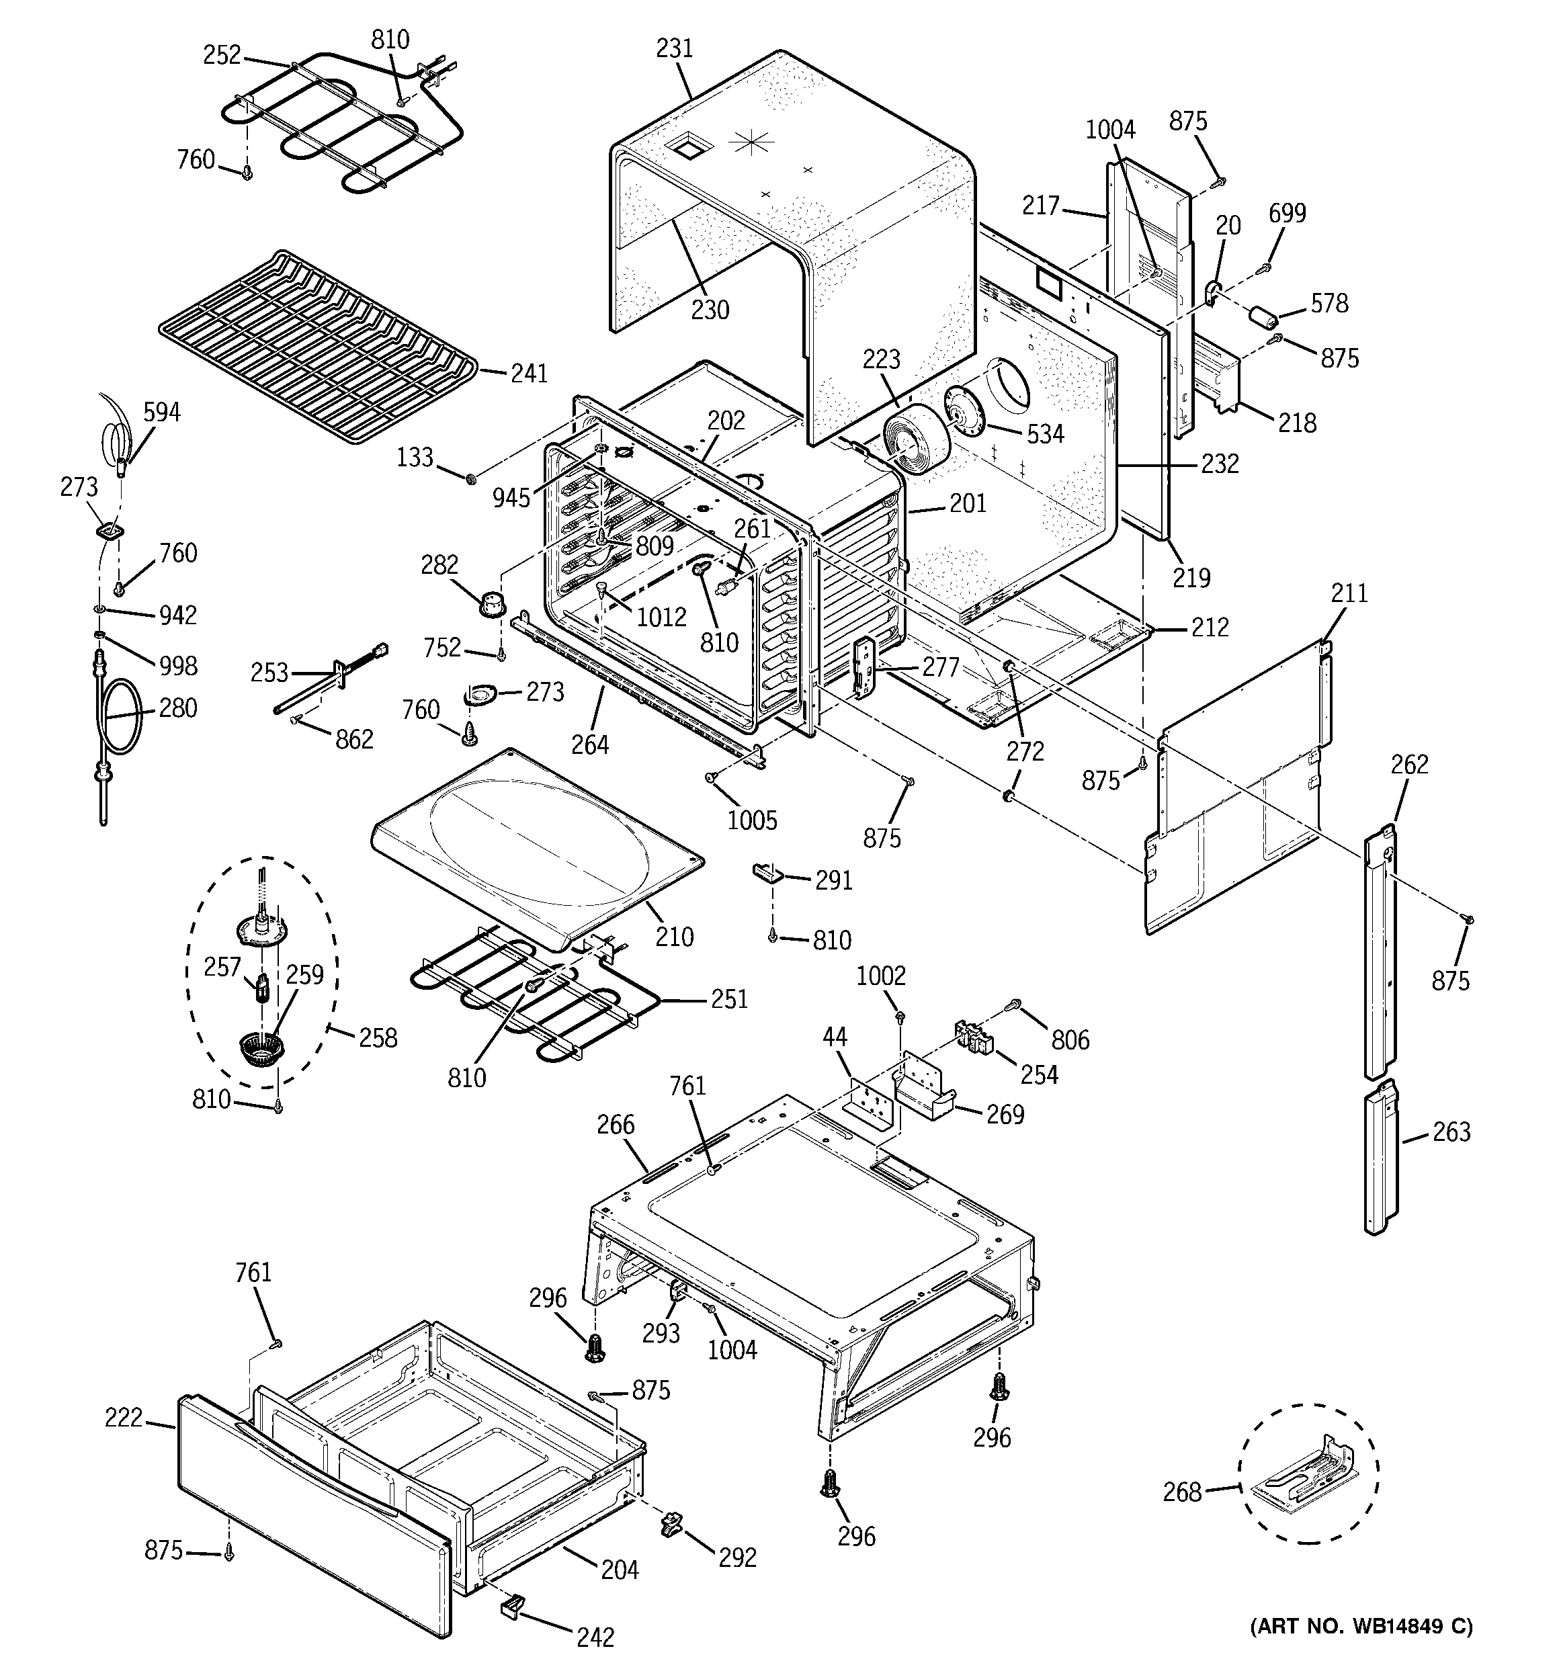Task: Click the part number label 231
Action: tap(675, 48)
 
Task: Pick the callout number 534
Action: tap(1045, 433)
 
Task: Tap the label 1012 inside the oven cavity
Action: tap(661, 617)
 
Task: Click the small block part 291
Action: tap(767, 873)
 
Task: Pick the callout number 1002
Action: tap(881, 976)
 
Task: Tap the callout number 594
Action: tap(161, 413)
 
